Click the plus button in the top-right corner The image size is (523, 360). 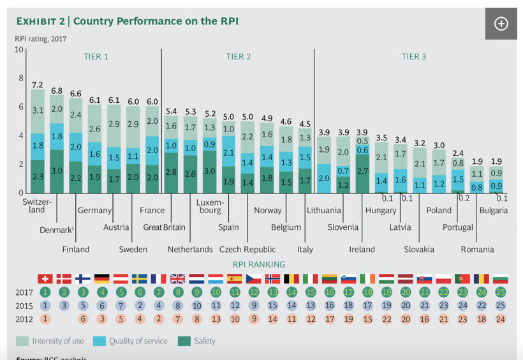click(x=501, y=24)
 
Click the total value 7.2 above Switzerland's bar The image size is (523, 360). click(x=38, y=84)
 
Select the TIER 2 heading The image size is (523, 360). click(x=239, y=57)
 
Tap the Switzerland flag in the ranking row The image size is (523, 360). click(x=45, y=278)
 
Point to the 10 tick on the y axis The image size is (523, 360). click(x=19, y=50)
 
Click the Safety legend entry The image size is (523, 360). click(x=199, y=341)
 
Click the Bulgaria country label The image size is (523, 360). click(x=494, y=210)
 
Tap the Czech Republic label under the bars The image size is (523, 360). click(x=247, y=249)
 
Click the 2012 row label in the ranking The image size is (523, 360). click(x=24, y=319)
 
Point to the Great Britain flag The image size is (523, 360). click(x=178, y=278)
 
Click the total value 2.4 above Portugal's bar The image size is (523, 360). click(x=457, y=153)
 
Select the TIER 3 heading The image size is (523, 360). click(x=414, y=57)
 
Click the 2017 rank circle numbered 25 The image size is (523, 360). click(x=501, y=292)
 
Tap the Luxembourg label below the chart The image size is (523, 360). click(x=209, y=206)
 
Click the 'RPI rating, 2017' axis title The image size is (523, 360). click(x=40, y=39)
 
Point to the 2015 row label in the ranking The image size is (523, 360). click(x=24, y=306)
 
